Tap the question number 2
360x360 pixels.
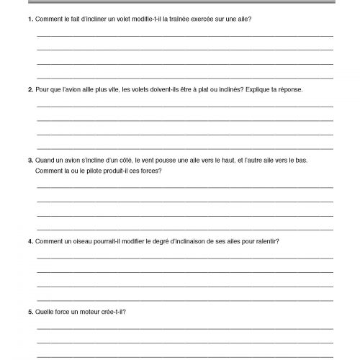(x=30, y=89)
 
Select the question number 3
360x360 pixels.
(x=30, y=160)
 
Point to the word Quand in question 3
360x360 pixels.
(x=45, y=160)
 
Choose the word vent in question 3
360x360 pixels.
(x=144, y=160)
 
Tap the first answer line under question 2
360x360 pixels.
(x=184, y=105)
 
